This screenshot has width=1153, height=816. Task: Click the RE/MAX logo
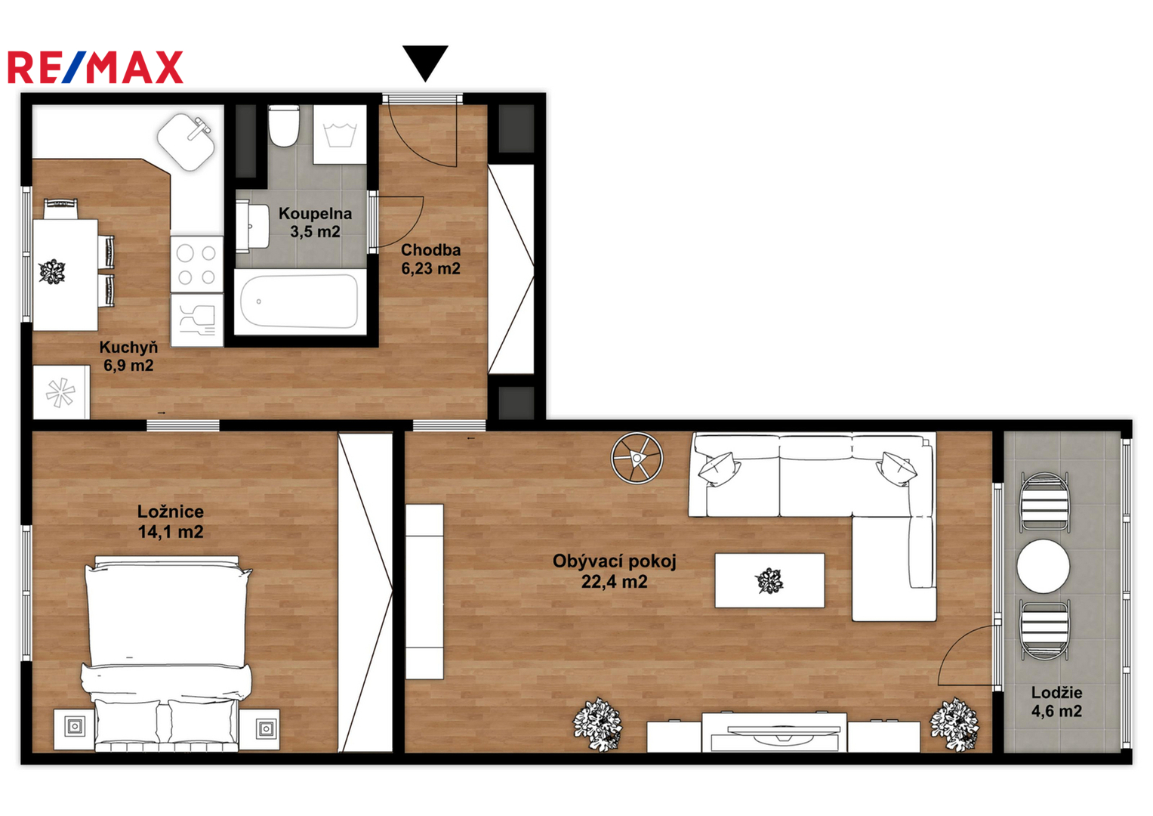coord(96,67)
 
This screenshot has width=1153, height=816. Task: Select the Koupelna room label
coord(315,222)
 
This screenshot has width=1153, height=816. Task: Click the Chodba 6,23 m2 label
coord(431,259)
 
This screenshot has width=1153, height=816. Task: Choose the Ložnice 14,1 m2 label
coord(171,521)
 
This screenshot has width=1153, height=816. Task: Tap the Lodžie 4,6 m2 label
coord(1056,702)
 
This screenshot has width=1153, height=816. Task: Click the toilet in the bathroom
coord(284,126)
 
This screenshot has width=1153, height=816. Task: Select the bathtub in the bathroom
coord(300,301)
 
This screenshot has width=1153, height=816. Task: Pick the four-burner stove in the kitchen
coord(196,264)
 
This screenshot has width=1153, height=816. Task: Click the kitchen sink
coord(187,142)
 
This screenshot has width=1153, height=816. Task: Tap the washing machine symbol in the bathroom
coord(340,134)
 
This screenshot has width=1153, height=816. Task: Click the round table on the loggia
coord(1044,566)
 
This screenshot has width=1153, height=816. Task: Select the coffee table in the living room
coord(769,580)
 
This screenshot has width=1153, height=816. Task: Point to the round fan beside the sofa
coord(637,457)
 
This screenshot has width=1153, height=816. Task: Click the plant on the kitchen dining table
coord(52,271)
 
